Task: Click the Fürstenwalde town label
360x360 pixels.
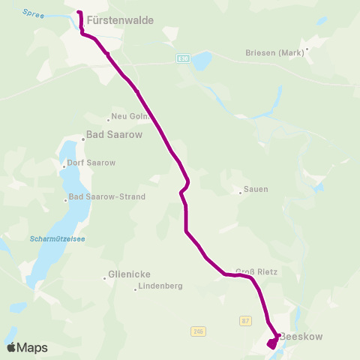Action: [x=120, y=21]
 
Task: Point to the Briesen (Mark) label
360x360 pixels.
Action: [x=274, y=52]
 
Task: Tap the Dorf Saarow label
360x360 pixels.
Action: [x=91, y=163]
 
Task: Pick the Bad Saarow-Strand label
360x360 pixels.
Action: [x=106, y=197]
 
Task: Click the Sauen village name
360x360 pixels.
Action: [x=256, y=190]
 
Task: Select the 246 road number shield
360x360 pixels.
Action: [x=197, y=331]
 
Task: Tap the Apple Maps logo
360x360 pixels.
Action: [x=27, y=347]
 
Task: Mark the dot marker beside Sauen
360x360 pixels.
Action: [x=240, y=193]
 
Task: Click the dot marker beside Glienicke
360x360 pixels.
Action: [x=105, y=278]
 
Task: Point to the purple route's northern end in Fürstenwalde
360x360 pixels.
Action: [x=79, y=13]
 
